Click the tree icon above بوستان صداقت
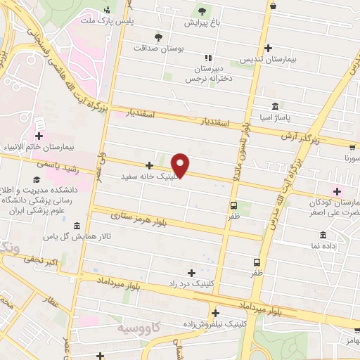[157, 37]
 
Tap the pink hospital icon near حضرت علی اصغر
[336, 190]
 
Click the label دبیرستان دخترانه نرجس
[207, 74]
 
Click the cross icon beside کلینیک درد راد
[191, 271]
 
